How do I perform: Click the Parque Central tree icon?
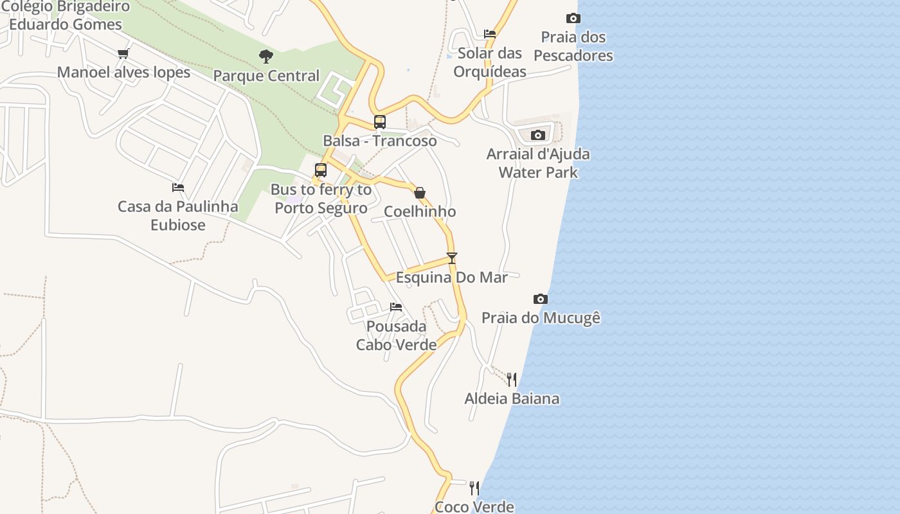pyautogui.click(x=266, y=57)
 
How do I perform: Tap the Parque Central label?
pyautogui.click(x=266, y=76)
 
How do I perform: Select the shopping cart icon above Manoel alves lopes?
pyautogui.click(x=123, y=53)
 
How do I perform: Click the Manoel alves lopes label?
pyautogui.click(x=123, y=72)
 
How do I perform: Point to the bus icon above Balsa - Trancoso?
pyautogui.click(x=380, y=121)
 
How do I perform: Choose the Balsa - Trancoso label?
pyautogui.click(x=380, y=141)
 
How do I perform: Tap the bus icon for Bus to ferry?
pyautogui.click(x=321, y=170)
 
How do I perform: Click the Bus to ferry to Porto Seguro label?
pyautogui.click(x=321, y=199)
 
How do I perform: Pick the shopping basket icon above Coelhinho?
pyautogui.click(x=420, y=192)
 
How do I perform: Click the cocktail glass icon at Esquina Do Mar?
pyautogui.click(x=452, y=258)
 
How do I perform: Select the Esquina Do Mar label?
pyautogui.click(x=451, y=278)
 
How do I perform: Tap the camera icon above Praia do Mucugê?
pyautogui.click(x=541, y=299)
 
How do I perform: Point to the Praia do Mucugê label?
pyautogui.click(x=541, y=318)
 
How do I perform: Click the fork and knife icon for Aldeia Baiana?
pyautogui.click(x=512, y=379)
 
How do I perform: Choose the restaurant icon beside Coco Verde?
pyautogui.click(x=474, y=488)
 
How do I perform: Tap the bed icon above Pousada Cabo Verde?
pyautogui.click(x=396, y=307)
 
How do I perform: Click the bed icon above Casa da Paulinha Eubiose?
pyautogui.click(x=178, y=188)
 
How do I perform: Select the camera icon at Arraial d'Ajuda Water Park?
pyautogui.click(x=538, y=135)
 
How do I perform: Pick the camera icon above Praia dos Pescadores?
pyautogui.click(x=573, y=18)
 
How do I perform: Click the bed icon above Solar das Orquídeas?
pyautogui.click(x=490, y=34)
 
